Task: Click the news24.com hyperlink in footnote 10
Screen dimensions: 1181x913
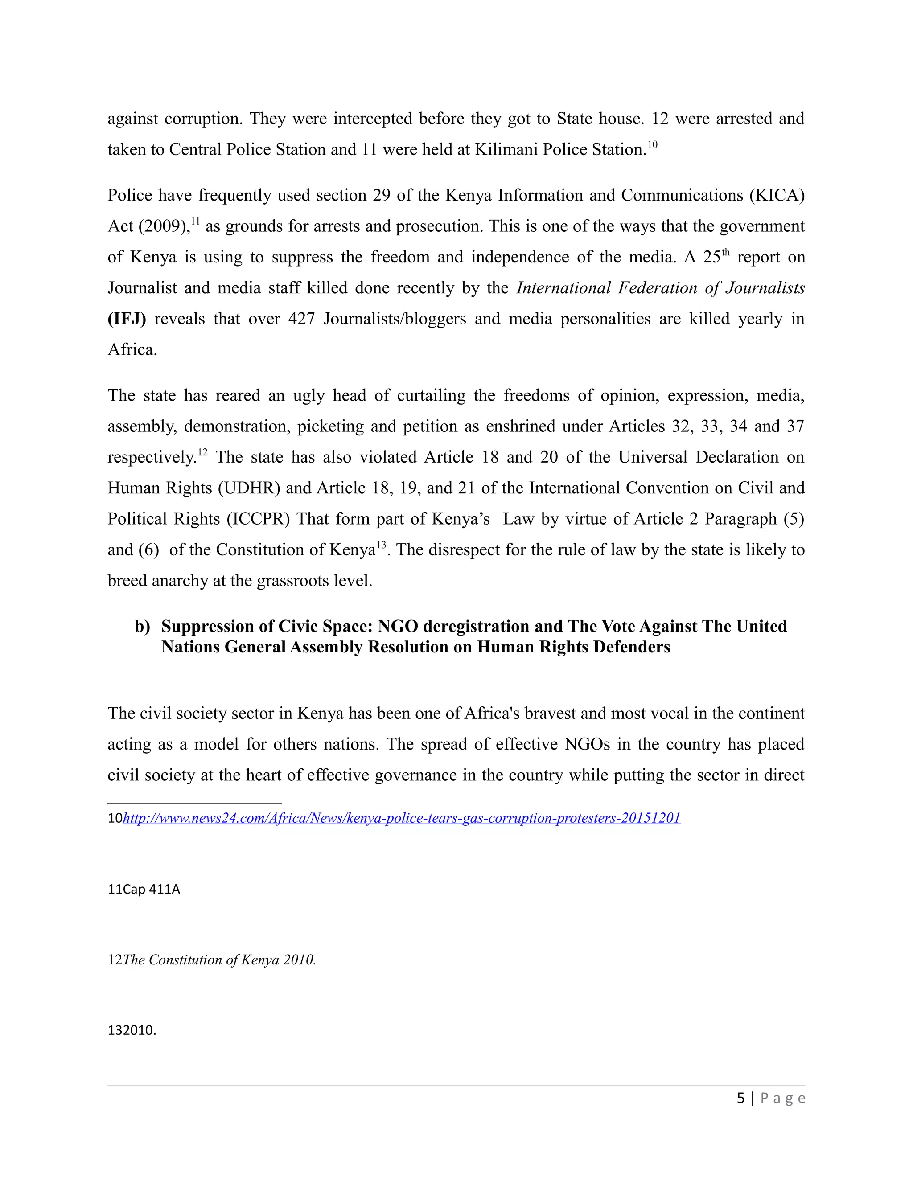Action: click(401, 818)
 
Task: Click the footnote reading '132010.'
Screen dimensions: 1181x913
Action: click(132, 1030)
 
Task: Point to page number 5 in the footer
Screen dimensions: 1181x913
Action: click(740, 1098)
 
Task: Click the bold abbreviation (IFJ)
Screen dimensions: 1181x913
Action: click(127, 319)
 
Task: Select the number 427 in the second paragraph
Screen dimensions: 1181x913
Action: click(301, 319)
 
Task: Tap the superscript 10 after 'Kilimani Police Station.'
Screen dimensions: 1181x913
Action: click(652, 144)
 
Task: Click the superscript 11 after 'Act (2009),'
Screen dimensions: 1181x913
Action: click(195, 221)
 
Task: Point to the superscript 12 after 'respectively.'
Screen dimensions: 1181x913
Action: click(202, 452)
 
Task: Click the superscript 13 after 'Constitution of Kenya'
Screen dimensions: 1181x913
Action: click(381, 545)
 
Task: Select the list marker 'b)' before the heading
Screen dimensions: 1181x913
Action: click(142, 626)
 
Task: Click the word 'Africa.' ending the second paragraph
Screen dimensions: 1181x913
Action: click(132, 350)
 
